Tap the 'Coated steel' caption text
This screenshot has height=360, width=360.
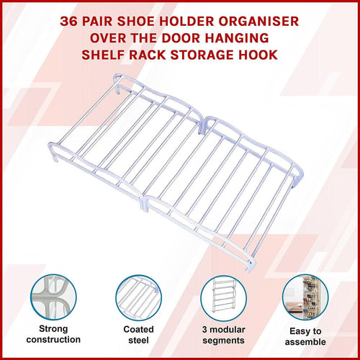pyautogui.click(x=137, y=334)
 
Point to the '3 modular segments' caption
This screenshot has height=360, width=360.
pyautogui.click(x=222, y=334)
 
